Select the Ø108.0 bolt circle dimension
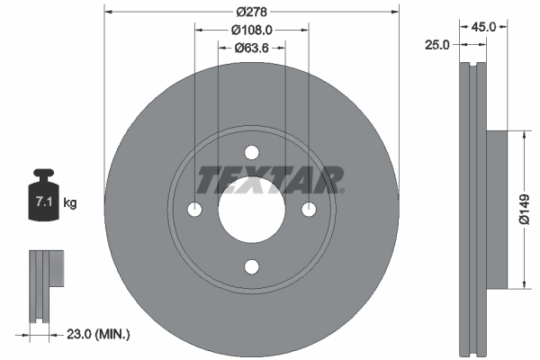coord(252,30)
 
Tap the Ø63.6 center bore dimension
coord(252,49)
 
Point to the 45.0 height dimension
coord(484,27)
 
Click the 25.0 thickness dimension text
coord(438,44)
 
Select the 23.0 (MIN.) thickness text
coord(100,334)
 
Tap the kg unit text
coord(70,203)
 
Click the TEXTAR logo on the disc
coord(269,180)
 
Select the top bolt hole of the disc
coord(252,152)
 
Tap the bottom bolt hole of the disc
coord(252,265)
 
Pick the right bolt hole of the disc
coord(309,209)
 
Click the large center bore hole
coord(252,209)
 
